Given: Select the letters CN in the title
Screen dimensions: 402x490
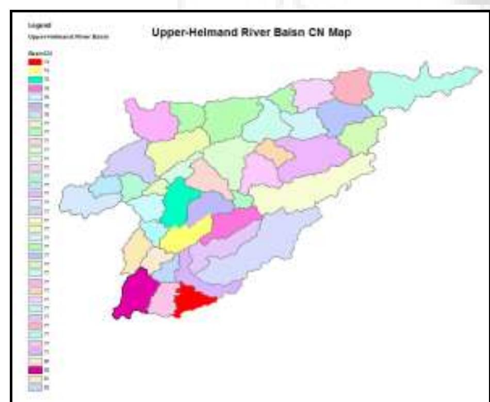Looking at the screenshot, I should (315, 32).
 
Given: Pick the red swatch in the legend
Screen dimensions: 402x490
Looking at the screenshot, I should (35, 62).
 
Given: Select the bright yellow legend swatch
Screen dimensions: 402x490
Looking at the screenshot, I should (35, 71).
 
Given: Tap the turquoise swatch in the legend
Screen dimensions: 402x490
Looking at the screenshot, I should (35, 79).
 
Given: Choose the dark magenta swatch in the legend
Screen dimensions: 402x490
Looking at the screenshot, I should (35, 369).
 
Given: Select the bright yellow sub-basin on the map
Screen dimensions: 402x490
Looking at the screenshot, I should (187, 235).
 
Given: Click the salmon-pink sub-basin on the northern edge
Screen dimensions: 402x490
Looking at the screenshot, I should (352, 86).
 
